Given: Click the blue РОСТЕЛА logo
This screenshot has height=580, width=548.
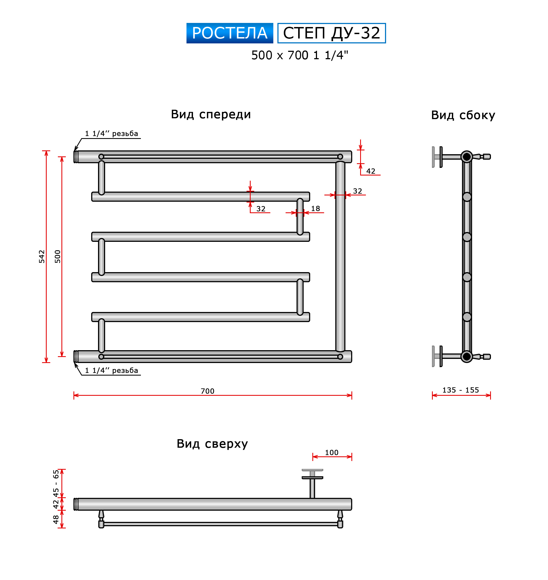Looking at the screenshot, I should (x=230, y=33).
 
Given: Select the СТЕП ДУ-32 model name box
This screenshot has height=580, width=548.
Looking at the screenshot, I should (x=331, y=33).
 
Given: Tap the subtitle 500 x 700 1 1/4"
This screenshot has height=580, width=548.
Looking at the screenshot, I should (x=300, y=55).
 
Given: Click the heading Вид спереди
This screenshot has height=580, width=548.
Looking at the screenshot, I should (x=211, y=114).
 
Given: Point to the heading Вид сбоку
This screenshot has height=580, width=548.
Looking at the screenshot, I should (x=463, y=115).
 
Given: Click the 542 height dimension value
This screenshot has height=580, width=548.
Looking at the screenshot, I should (x=42, y=256).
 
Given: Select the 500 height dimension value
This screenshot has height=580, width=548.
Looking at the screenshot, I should (x=58, y=256).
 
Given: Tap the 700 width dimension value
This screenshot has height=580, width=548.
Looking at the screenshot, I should (x=208, y=391).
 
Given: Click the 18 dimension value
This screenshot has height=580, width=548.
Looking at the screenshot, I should (x=315, y=209).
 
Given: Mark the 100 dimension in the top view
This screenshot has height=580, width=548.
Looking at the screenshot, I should (x=331, y=452).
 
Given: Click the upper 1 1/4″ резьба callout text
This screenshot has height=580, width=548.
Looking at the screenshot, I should (x=111, y=133).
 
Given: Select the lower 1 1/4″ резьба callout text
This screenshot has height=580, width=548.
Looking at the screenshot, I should (x=111, y=370).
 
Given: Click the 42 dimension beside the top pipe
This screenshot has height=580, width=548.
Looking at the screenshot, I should (x=371, y=171).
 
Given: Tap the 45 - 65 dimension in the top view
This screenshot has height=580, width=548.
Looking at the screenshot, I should (x=56, y=483).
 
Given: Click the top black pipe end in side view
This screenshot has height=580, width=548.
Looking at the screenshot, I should (x=467, y=157).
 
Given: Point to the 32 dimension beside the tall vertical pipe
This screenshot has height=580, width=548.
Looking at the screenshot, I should (x=357, y=191).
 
